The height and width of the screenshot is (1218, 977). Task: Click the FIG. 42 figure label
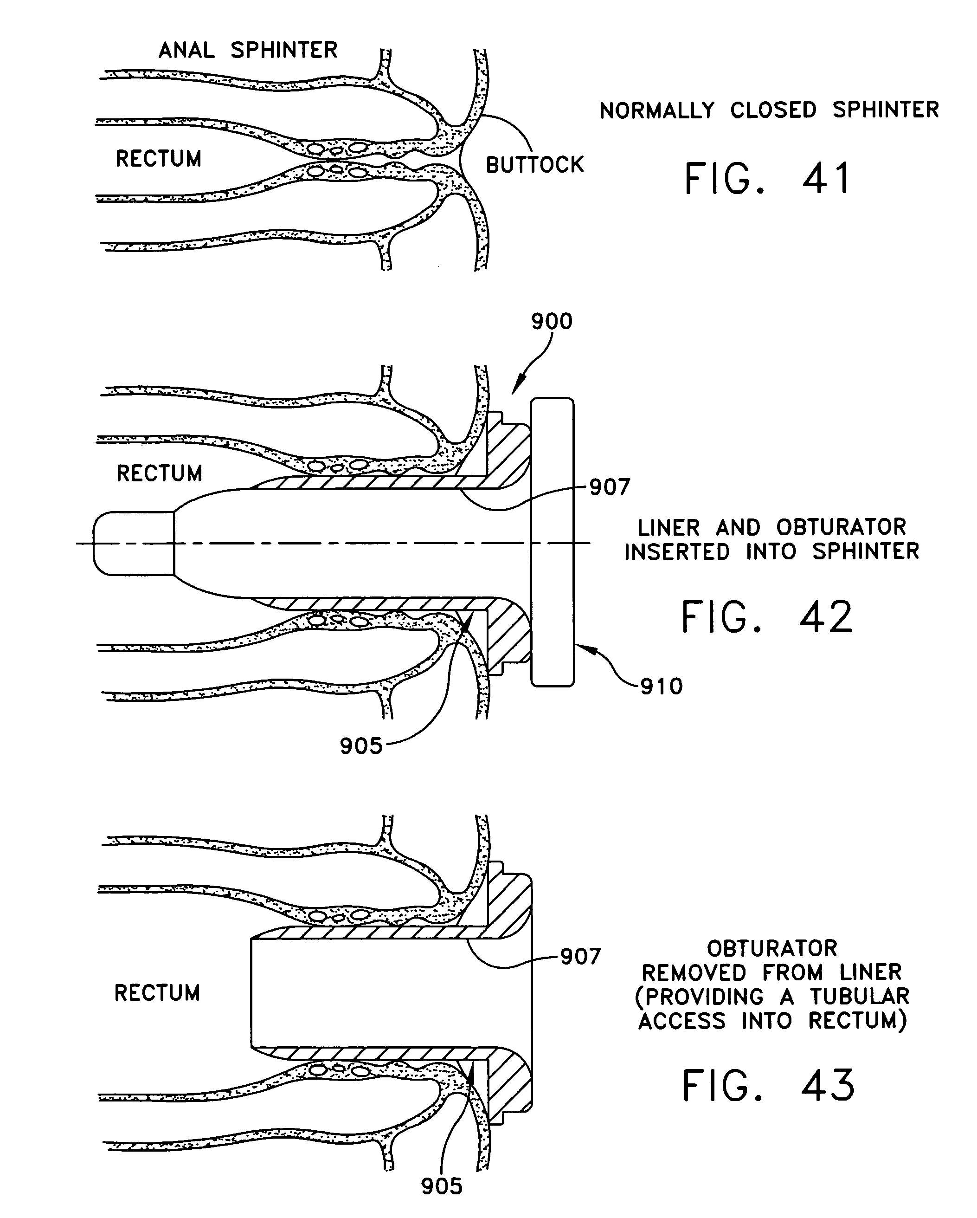click(767, 617)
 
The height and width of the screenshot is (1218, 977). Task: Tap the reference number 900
click(552, 322)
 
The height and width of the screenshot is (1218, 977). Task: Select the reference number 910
click(662, 687)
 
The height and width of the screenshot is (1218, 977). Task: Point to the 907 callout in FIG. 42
click(610, 487)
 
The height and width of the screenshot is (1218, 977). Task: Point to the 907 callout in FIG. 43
click(580, 956)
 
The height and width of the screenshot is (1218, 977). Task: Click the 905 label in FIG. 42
click(361, 746)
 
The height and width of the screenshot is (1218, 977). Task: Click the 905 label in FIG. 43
click(442, 1186)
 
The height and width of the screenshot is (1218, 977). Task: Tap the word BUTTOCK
click(535, 165)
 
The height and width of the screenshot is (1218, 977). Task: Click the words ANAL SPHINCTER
click(248, 50)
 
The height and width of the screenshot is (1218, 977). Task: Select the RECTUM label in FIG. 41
click(159, 159)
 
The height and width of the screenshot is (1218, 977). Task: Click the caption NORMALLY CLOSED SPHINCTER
click(769, 110)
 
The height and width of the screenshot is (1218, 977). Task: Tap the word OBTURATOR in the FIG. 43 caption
click(772, 948)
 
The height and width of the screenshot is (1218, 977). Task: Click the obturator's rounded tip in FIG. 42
click(133, 544)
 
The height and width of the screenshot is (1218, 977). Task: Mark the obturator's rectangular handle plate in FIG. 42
click(553, 542)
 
